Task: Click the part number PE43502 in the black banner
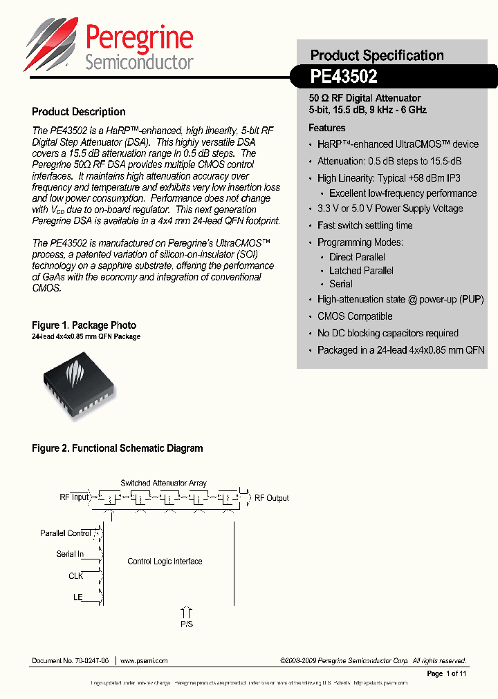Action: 344,78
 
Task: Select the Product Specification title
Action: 377,55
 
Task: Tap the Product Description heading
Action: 79,112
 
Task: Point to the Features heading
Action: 327,128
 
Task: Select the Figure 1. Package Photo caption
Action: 84,325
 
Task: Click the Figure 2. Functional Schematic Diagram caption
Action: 118,448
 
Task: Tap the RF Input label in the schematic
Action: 74,497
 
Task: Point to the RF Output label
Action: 272,498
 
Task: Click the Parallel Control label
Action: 66,533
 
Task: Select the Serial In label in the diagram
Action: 70,554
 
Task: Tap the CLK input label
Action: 75,575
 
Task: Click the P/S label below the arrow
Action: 186,624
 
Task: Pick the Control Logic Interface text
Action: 165,562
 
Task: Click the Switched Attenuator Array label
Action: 163,483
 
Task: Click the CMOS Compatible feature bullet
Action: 355,316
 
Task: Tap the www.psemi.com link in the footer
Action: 144,661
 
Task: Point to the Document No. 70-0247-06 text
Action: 71,661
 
